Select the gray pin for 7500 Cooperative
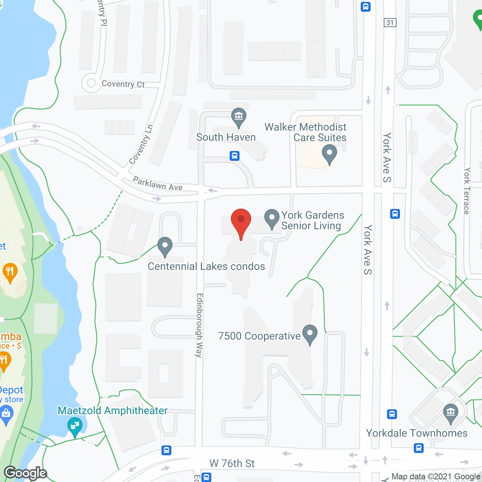[310, 334]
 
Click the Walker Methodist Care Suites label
[305, 132]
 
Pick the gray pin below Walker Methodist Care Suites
[329, 154]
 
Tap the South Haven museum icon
[239, 117]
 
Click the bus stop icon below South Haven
[235, 156]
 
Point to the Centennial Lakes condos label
[206, 267]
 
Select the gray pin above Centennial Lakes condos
[165, 247]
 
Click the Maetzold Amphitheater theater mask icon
[75, 427]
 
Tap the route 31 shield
[390, 23]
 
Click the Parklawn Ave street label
[157, 184]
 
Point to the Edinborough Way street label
[200, 325]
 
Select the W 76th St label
[232, 464]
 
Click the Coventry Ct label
[123, 84]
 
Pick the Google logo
[26, 473]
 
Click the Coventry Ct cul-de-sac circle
[91, 83]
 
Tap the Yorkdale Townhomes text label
[417, 433]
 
